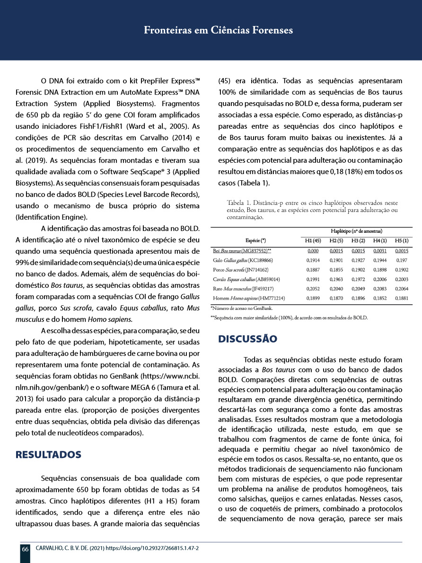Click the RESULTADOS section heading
[49, 455]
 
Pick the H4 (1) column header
[380, 242]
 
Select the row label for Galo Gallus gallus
[243, 260]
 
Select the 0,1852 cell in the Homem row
[380, 298]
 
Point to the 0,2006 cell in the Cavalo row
[380, 279]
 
